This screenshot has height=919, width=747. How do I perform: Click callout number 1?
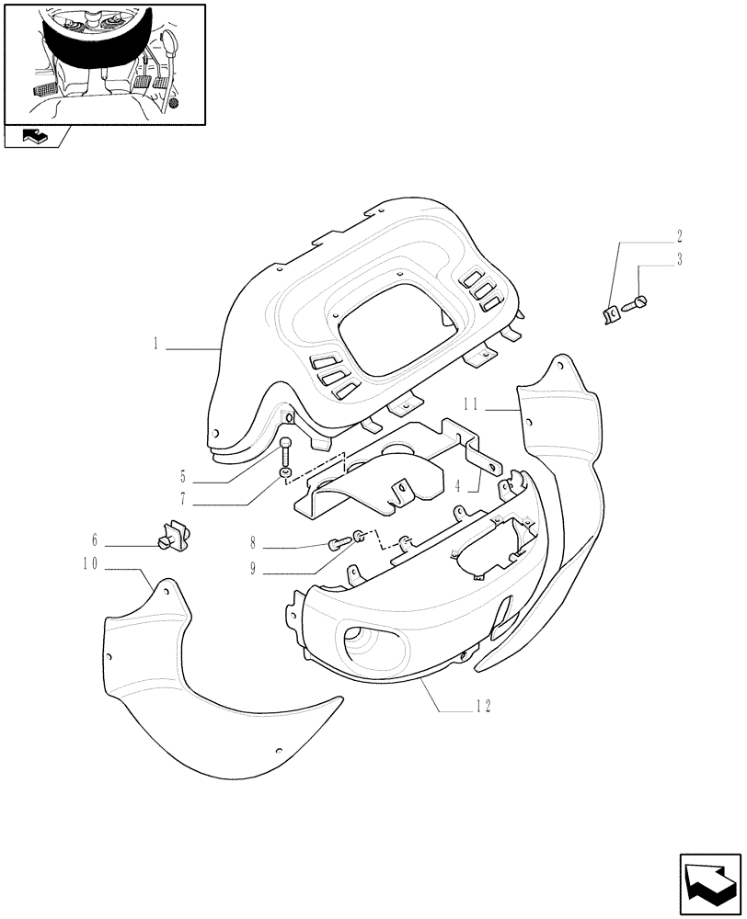[157, 346]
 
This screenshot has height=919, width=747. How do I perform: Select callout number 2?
[680, 235]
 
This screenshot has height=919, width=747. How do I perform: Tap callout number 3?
[680, 259]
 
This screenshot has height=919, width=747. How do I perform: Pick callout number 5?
[183, 477]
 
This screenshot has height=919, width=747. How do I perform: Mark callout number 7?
[183, 502]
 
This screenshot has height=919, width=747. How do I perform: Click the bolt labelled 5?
[286, 451]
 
